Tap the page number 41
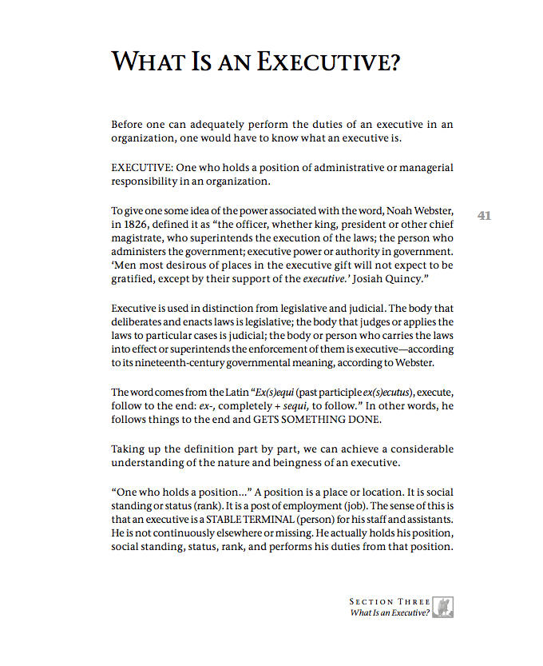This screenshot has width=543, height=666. [x=484, y=216]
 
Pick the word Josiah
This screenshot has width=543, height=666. [x=350, y=280]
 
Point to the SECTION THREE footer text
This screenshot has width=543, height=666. [x=390, y=601]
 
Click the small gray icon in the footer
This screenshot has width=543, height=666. [x=446, y=606]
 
